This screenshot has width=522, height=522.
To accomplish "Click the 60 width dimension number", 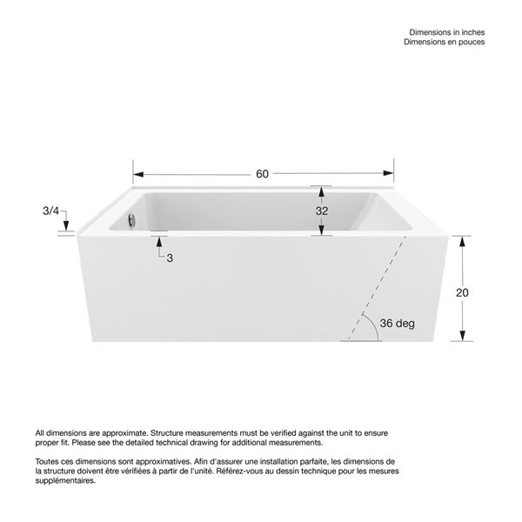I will [x=263, y=173].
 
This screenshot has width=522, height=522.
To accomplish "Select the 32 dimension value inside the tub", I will [x=322, y=211].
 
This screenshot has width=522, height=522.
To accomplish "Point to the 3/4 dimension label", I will [x=51, y=211].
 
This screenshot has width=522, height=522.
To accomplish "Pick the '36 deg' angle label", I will [x=398, y=323].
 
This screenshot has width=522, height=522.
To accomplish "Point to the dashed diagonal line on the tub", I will [x=376, y=287].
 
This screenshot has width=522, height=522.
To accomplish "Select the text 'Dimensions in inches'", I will [x=446, y=30].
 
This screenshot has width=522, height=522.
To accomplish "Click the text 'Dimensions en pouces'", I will [x=446, y=41].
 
